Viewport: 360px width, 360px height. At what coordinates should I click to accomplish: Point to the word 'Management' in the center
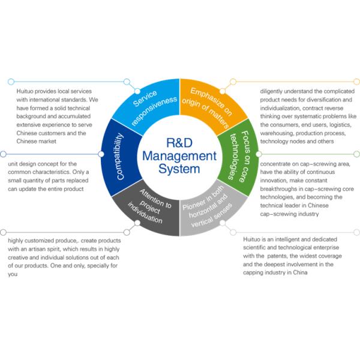(x=179, y=156)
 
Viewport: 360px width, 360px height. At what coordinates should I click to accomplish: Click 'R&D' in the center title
(x=179, y=142)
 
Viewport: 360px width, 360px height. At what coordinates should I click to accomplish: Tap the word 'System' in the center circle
(x=179, y=170)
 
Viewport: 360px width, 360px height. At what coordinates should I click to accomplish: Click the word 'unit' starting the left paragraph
(x=14, y=163)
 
